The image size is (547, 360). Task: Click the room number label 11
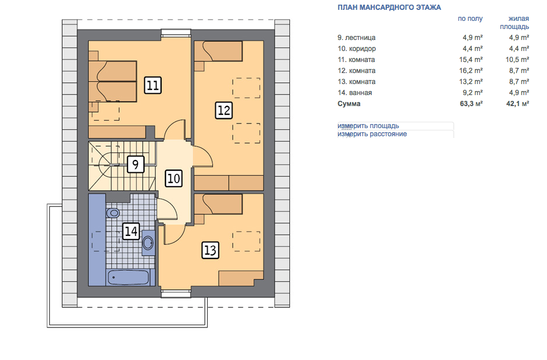click(153, 85)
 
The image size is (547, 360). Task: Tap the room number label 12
click(223, 110)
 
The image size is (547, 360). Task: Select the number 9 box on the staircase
click(136, 164)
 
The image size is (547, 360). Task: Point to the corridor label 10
click(173, 179)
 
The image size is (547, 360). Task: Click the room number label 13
click(211, 250)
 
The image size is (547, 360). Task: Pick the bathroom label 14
click(131, 231)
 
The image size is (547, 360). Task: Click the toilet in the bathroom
click(113, 212)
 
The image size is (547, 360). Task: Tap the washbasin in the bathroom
click(148, 242)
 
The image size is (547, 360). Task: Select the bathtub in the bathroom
click(129, 278)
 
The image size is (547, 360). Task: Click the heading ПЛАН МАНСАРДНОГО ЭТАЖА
click(389, 8)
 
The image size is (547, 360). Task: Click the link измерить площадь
click(368, 126)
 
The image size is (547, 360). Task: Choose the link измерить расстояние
click(372, 134)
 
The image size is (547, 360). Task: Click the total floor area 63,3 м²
click(471, 104)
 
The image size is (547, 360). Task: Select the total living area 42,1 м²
click(517, 104)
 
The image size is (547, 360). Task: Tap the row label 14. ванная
click(355, 93)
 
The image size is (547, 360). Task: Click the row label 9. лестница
click(357, 38)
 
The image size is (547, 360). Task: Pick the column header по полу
click(470, 19)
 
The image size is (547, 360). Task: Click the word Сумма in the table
click(349, 104)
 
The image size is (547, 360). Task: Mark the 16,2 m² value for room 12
click(471, 71)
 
